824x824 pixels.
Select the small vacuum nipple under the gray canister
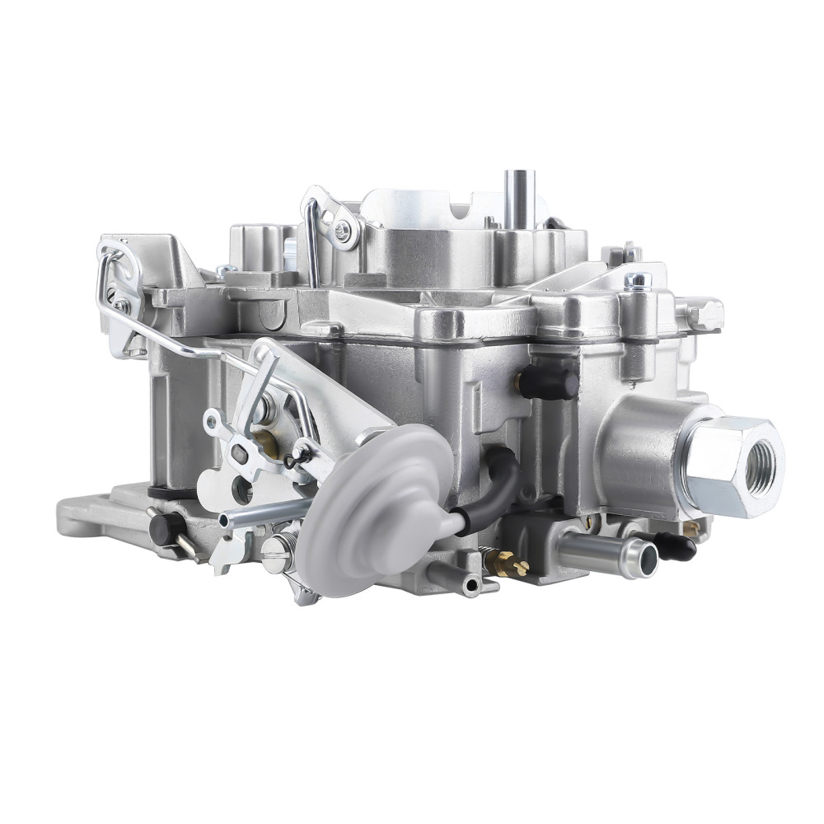click(x=471, y=586)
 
